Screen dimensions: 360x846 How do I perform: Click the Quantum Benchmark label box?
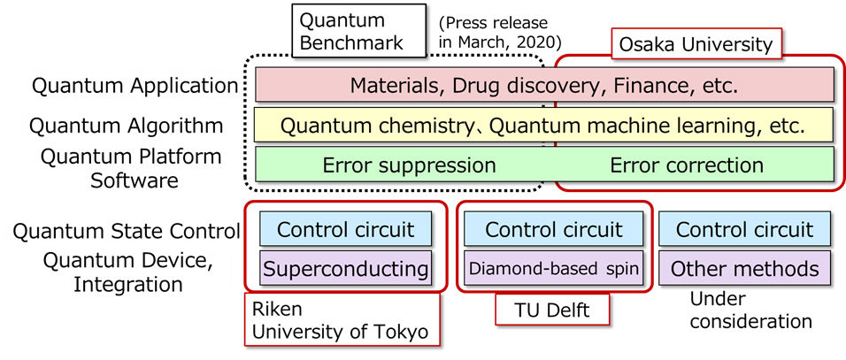click(353, 31)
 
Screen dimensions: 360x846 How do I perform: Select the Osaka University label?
click(696, 43)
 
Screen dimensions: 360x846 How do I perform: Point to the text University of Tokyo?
click(340, 333)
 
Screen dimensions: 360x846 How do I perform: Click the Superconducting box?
click(346, 267)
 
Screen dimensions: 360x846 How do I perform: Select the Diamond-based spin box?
click(554, 267)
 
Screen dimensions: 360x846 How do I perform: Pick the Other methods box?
click(744, 267)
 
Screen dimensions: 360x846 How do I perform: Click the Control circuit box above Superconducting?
click(346, 229)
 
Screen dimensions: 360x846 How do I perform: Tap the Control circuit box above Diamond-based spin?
click(554, 229)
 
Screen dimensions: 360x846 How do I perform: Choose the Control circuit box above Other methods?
click(744, 229)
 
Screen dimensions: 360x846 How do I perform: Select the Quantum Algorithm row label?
click(126, 126)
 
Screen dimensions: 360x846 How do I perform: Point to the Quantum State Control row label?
click(126, 232)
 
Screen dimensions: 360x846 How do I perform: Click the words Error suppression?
click(409, 165)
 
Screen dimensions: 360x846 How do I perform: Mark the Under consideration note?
click(750, 310)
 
